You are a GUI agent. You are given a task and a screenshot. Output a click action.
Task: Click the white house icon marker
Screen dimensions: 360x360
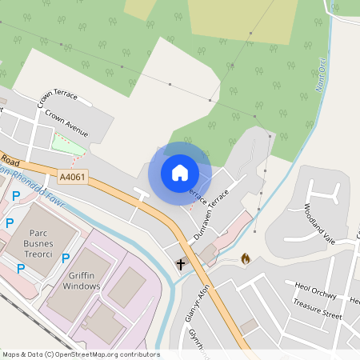pos(180,172)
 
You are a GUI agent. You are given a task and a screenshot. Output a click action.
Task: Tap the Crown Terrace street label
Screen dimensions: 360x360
pos(57,98)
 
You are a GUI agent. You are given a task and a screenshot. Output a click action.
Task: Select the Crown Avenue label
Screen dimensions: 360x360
pos(66,122)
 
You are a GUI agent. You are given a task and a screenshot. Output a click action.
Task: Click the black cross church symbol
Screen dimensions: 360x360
pos(180,263)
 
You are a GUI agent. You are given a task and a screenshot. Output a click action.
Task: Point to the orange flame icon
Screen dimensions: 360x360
pos(245,258)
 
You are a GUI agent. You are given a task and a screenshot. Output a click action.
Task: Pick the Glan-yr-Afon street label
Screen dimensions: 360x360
pos(197,304)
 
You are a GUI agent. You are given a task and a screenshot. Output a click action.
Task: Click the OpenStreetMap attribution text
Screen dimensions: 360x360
pos(81,354)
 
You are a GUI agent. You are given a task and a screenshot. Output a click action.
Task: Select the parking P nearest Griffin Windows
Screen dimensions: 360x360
pos(66,258)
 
